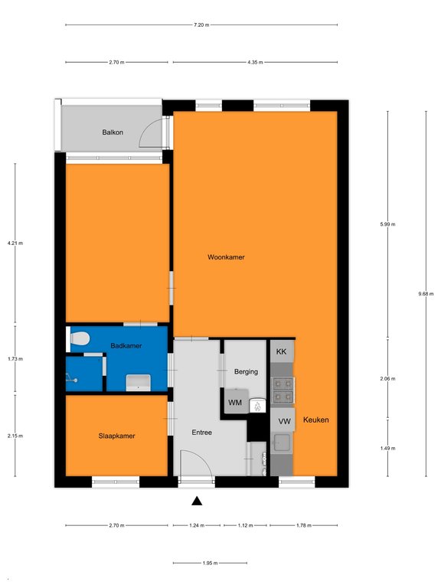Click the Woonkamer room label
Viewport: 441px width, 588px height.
226,257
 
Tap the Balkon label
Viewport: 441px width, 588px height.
113,132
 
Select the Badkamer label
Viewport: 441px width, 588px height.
126,345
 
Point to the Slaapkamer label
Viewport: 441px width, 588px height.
116,436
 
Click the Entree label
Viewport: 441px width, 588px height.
202,433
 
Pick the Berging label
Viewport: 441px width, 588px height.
246,371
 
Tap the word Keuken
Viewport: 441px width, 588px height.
315,420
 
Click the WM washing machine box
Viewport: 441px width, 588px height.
236,402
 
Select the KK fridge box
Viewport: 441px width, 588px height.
282,351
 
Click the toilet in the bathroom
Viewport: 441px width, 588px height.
79,339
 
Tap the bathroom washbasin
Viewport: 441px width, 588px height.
138,383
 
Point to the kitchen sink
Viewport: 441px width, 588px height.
281,443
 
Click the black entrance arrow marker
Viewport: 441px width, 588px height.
197,501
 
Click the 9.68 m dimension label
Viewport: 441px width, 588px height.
426,294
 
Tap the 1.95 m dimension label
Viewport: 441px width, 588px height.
210,563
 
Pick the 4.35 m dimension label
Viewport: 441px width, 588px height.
255,62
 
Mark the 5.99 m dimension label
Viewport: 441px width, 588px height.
387,224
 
